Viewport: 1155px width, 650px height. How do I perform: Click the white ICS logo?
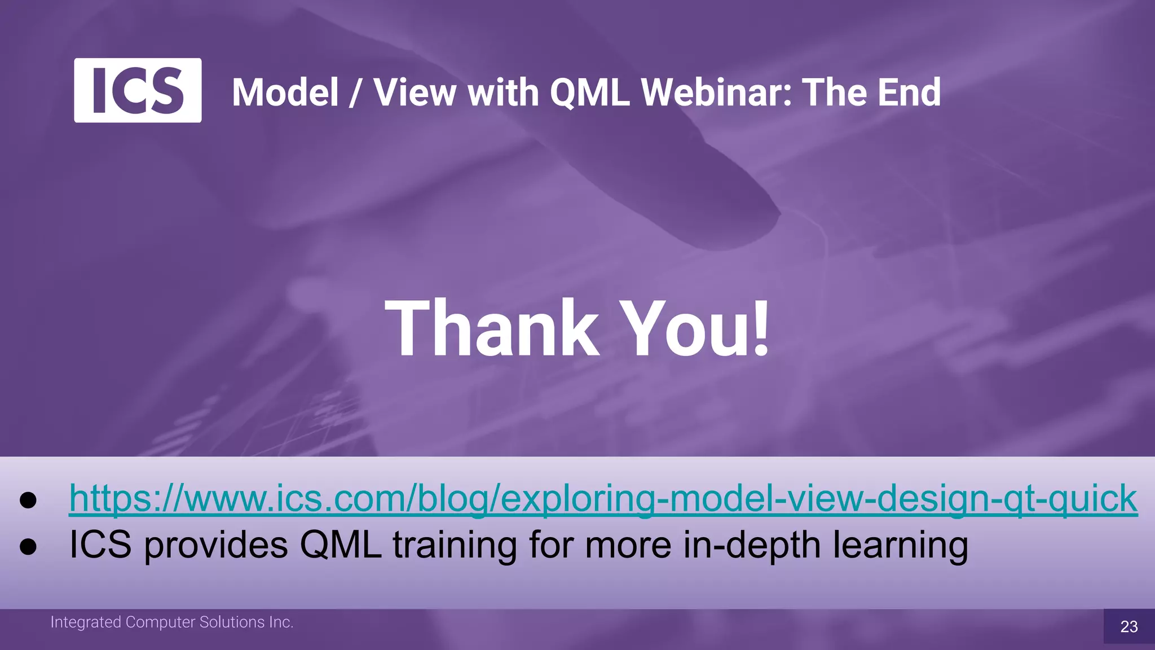click(x=138, y=90)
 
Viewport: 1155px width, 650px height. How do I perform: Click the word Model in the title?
click(x=285, y=93)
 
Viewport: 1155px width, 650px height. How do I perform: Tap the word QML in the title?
click(x=589, y=93)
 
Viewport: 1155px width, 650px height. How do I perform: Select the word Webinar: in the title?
click(x=716, y=93)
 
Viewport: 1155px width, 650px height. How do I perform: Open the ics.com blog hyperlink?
click(x=602, y=499)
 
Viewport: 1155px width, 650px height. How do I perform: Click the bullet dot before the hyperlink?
click(x=28, y=500)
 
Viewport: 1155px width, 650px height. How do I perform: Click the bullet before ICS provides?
click(x=28, y=546)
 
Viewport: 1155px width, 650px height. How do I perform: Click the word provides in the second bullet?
click(x=216, y=546)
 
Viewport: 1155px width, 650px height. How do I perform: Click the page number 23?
click(x=1128, y=627)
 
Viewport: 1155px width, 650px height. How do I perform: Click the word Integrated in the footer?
click(x=86, y=622)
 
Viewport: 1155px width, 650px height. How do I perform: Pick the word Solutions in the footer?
click(x=232, y=622)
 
